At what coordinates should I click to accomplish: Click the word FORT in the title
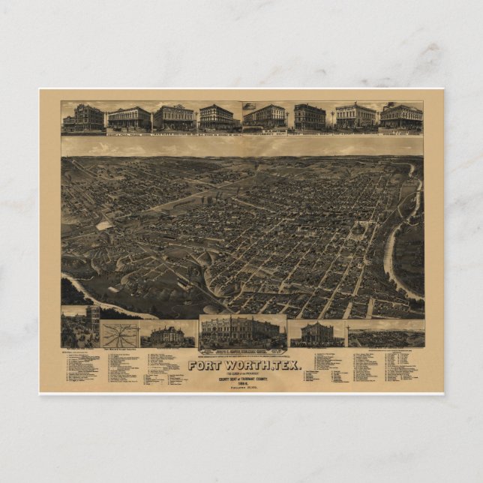(x=203, y=366)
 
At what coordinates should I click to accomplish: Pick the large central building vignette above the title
(x=242, y=332)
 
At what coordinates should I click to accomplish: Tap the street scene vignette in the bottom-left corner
(x=80, y=331)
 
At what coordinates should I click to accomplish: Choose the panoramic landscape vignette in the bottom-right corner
(x=385, y=334)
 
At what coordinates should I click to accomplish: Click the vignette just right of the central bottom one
(x=316, y=333)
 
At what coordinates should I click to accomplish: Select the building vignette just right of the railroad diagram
(x=166, y=334)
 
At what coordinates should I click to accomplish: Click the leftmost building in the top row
(x=83, y=118)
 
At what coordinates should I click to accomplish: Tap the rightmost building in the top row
(x=402, y=117)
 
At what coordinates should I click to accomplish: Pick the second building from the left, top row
(x=129, y=118)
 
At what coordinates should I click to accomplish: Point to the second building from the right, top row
(x=355, y=116)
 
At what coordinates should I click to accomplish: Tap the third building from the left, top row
(x=174, y=118)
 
